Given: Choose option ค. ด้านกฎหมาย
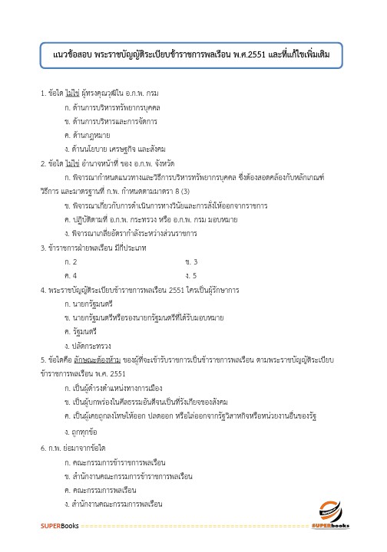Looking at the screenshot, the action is tap(84, 136).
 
